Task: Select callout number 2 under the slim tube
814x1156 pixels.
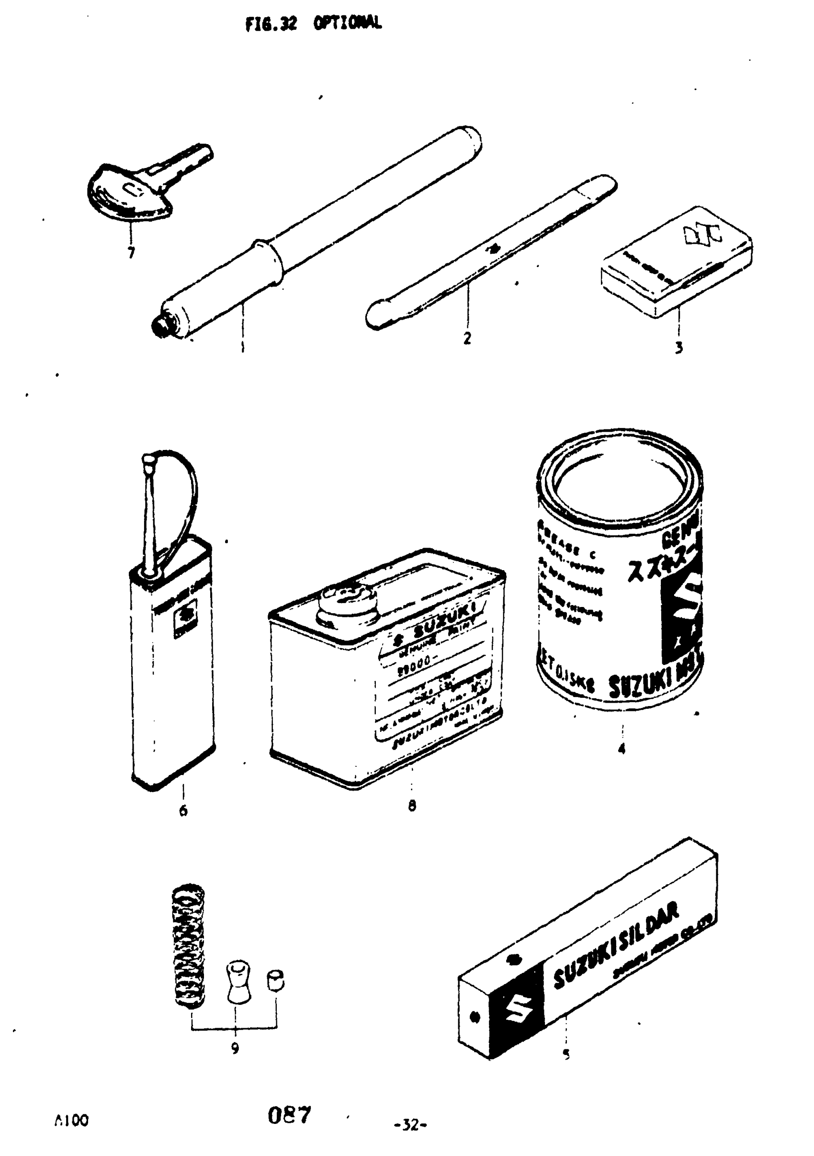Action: pyautogui.click(x=467, y=338)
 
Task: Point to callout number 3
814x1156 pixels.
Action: pyautogui.click(x=678, y=348)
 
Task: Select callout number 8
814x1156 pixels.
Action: pyautogui.click(x=412, y=806)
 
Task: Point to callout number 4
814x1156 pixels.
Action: pyautogui.click(x=622, y=749)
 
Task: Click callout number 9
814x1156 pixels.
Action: pyautogui.click(x=235, y=1048)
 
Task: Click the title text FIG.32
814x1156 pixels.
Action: pyautogui.click(x=271, y=23)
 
